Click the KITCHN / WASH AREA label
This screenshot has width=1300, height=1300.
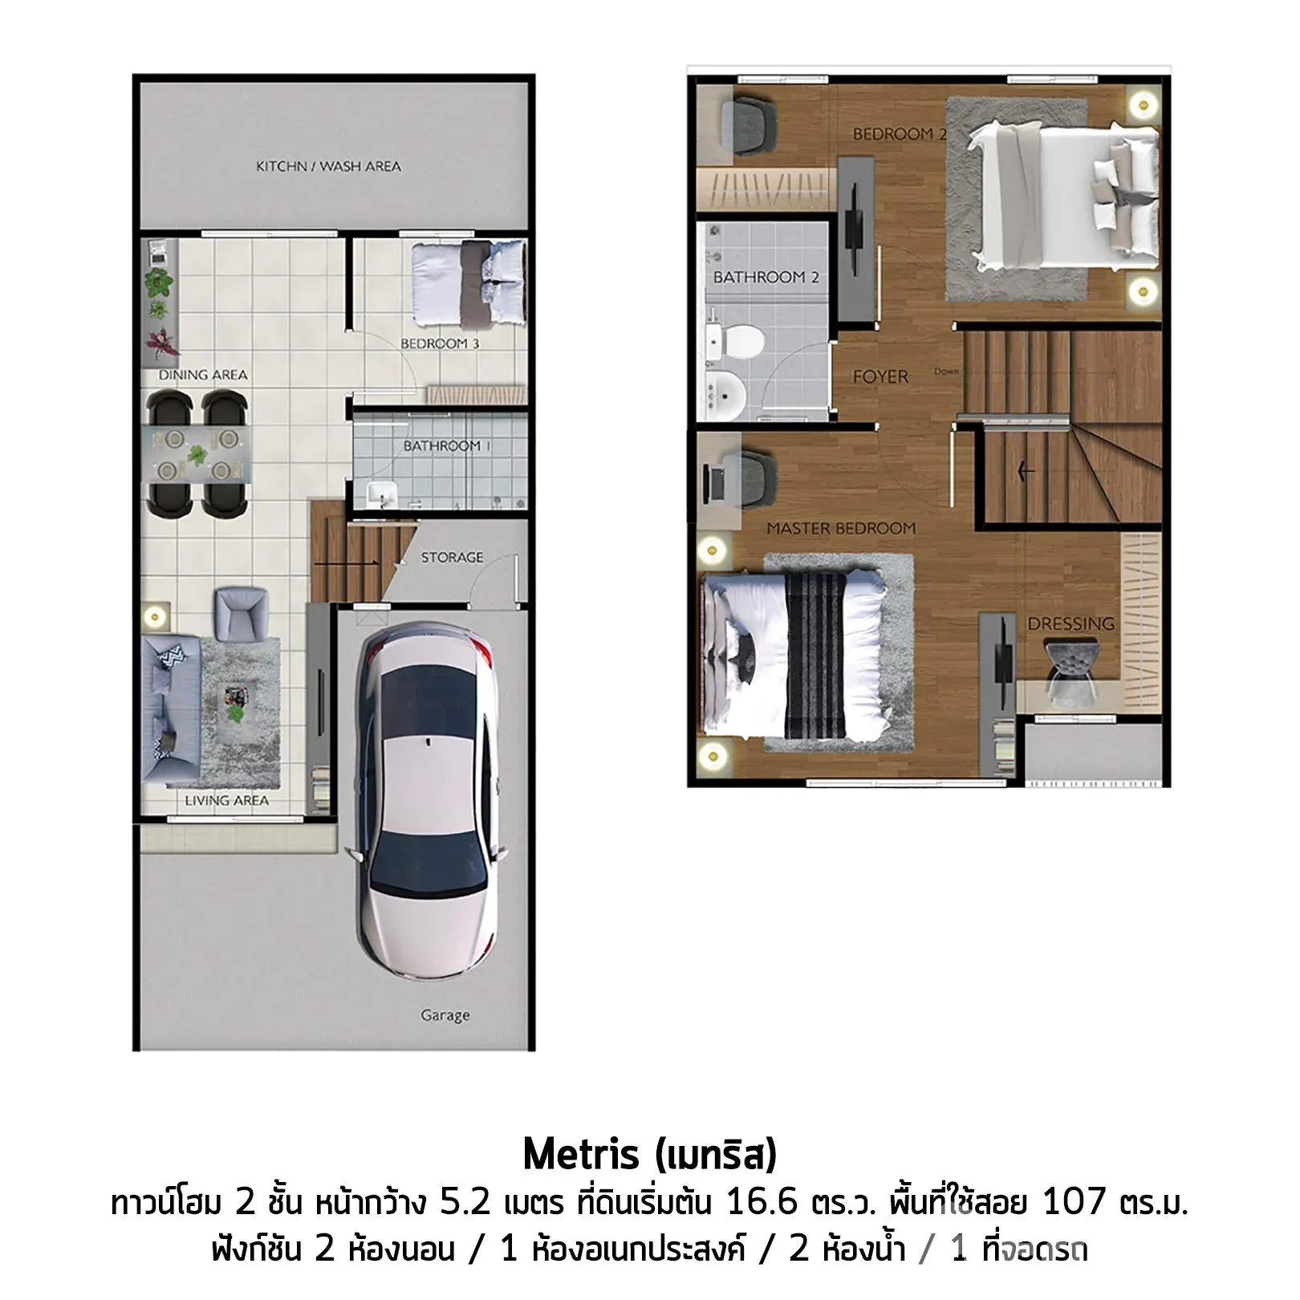click(x=328, y=167)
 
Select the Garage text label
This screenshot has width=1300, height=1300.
click(x=445, y=1016)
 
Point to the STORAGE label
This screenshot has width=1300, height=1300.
click(x=452, y=557)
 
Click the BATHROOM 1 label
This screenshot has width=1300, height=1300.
click(x=442, y=446)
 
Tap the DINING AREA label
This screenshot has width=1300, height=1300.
click(x=202, y=375)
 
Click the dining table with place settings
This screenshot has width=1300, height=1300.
click(x=197, y=454)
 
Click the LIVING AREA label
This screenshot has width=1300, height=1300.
click(x=226, y=800)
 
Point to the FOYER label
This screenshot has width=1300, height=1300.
click(x=880, y=376)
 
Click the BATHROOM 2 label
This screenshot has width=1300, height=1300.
click(x=766, y=278)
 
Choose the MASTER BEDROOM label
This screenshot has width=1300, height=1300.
click(x=841, y=529)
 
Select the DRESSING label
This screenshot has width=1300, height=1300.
click(x=1070, y=624)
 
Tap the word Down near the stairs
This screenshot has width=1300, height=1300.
click(x=946, y=372)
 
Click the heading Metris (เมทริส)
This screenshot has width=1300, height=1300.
click(x=650, y=1156)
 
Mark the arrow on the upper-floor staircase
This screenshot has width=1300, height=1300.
click(x=1026, y=471)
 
